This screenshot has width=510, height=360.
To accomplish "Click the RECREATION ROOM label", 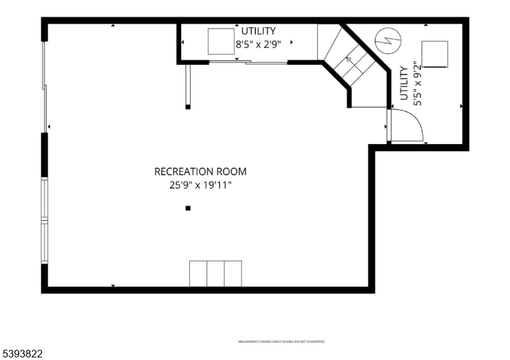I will click(x=200, y=171).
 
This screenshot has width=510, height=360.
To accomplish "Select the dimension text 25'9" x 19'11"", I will click(x=200, y=185).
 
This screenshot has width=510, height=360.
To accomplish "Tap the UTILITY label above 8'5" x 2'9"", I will click(x=258, y=31).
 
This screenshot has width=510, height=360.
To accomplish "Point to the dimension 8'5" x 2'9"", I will click(x=258, y=45).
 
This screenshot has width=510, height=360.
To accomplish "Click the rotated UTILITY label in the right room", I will click(x=404, y=83).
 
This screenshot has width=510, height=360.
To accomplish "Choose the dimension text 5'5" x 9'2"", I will click(x=417, y=83).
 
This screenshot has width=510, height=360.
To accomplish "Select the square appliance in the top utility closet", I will click(x=221, y=42).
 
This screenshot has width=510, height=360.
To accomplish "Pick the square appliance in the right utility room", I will click(x=435, y=54).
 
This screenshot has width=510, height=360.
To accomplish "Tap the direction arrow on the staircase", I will click(x=348, y=60).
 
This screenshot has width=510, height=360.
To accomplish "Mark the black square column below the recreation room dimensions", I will click(x=187, y=208).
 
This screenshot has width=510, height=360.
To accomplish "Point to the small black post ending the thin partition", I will click(x=187, y=107).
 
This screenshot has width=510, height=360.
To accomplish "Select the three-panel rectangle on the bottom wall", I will click(x=215, y=273).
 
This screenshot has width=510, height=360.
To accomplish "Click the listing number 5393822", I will click(x=22, y=352).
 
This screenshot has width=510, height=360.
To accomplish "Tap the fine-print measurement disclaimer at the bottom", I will click(x=281, y=342).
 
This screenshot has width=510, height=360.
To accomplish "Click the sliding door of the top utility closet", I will click(x=249, y=62).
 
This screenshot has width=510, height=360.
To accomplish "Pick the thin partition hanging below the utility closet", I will click(x=187, y=84).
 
